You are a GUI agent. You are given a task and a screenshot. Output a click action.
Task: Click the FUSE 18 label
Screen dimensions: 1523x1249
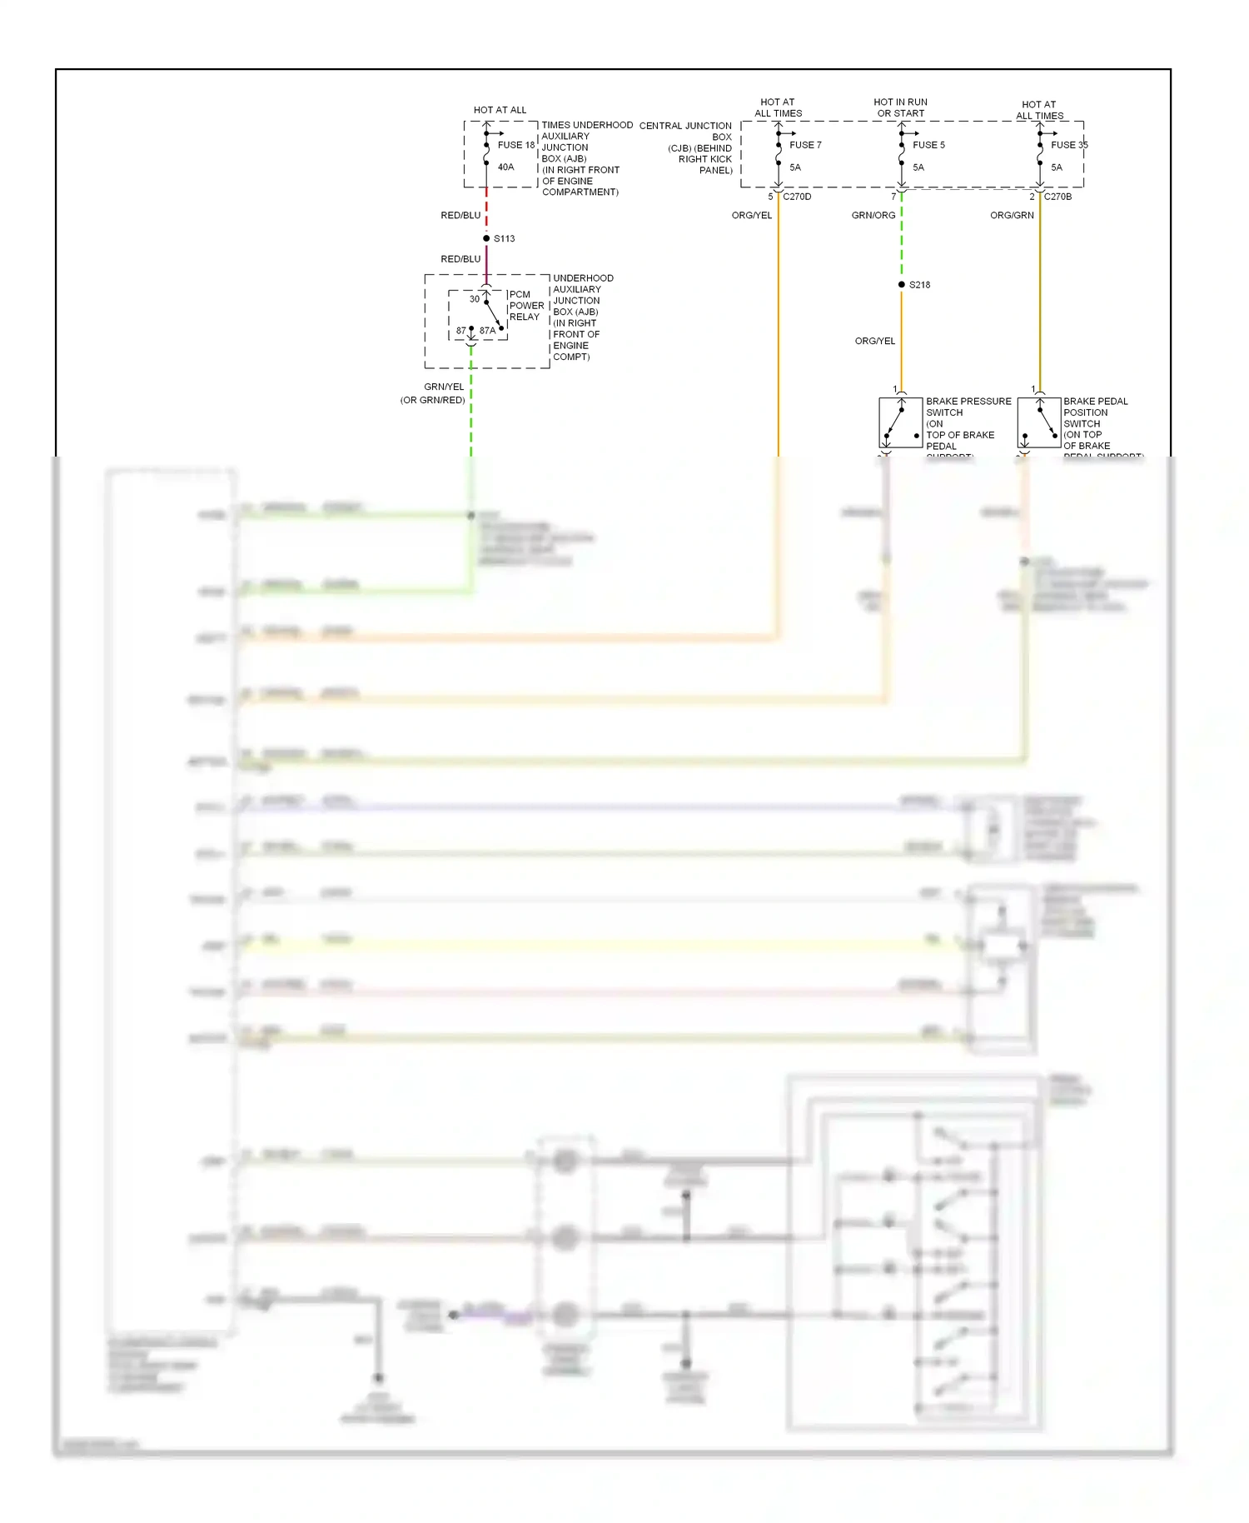tap(515, 145)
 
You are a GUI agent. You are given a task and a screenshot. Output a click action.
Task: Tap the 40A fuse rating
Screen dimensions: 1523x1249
tap(505, 167)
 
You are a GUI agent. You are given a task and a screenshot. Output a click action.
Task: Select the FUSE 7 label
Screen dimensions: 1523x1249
tap(805, 145)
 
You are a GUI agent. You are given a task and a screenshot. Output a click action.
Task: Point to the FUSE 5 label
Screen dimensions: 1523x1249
tap(928, 145)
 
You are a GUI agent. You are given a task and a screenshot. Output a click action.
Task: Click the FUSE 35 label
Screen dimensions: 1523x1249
tap(1069, 145)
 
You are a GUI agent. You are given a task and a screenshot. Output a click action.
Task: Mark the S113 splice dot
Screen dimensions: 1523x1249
tap(486, 238)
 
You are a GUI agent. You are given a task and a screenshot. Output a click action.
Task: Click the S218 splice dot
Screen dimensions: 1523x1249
tap(901, 285)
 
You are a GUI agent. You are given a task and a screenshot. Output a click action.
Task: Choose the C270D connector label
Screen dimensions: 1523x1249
tap(797, 197)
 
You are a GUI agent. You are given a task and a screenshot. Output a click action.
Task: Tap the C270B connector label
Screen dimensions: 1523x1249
tap(1057, 197)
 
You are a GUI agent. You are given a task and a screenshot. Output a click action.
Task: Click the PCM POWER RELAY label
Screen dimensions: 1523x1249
tap(525, 306)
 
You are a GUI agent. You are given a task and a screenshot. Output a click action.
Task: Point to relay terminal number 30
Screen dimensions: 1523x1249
tap(474, 299)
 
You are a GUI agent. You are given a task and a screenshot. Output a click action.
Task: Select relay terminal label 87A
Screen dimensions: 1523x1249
tap(487, 331)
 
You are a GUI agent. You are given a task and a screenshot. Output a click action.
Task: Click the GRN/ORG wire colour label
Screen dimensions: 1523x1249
tap(873, 216)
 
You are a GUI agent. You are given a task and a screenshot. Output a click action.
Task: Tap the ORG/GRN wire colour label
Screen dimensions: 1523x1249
tap(1012, 216)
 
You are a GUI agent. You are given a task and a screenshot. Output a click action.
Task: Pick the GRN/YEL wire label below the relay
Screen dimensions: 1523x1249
tap(444, 387)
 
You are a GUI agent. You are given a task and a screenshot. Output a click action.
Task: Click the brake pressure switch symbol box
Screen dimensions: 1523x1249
tap(900, 423)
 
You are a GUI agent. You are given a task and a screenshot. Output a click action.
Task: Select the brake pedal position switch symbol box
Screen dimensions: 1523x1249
tap(1038, 423)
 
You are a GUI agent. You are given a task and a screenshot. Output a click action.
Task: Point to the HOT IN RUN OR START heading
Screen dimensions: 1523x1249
tap(900, 107)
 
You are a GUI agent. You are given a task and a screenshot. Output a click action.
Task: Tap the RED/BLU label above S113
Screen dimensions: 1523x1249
tap(460, 216)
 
